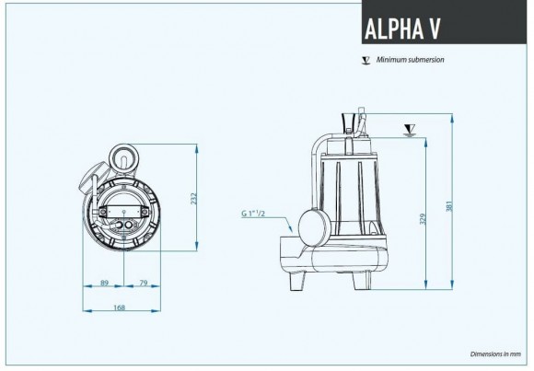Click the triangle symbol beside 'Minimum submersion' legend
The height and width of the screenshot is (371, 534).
click(x=366, y=60)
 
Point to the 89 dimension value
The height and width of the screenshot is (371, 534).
click(x=103, y=283)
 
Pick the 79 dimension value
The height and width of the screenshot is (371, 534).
click(x=144, y=283)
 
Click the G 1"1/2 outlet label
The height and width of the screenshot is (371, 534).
click(x=254, y=214)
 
